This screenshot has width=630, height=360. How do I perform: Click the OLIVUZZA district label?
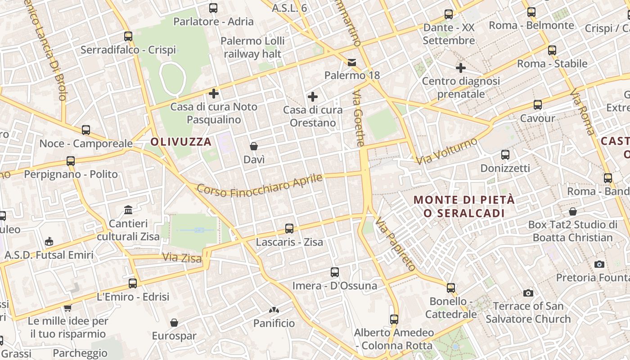pos(181,142)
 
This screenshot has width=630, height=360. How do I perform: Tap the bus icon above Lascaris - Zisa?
pos(289,229)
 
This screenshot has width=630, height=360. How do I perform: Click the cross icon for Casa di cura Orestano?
pos(313,97)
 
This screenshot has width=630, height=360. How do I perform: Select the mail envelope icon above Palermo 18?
pos(352,62)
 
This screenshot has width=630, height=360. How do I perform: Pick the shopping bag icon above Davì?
pos(254,146)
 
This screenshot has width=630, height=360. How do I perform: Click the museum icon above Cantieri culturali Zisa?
pos(128,210)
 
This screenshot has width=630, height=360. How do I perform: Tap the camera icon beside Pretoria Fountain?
pos(599,264)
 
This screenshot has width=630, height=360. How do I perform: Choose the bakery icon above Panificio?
pos(274,310)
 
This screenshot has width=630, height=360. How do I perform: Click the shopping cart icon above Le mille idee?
pos(67,308)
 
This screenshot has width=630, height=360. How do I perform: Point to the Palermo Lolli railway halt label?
pos(252,47)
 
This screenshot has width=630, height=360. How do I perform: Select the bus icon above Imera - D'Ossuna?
pos(335,272)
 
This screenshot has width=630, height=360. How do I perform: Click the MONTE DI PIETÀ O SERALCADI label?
pos(464,206)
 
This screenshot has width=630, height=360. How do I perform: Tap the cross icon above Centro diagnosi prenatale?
pos(461,68)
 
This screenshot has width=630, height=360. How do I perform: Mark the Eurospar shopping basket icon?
pos(174,323)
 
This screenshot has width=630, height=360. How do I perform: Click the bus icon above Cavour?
pos(538,105)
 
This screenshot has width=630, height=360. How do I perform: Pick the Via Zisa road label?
pos(182,257)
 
